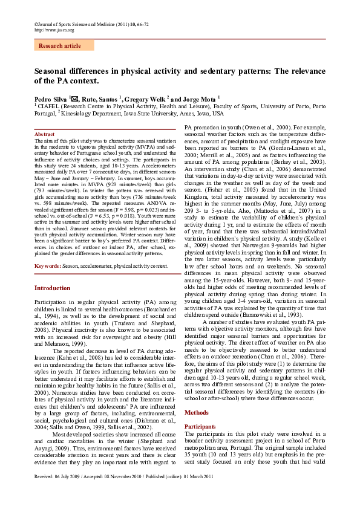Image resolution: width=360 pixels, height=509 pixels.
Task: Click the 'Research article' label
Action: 59,46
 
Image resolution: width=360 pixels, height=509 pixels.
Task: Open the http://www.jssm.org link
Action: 54,30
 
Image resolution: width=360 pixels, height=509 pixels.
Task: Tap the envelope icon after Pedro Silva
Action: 76,98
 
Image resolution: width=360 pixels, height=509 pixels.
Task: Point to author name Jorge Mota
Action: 199,99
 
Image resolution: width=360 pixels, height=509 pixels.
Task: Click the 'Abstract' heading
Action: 45,133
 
